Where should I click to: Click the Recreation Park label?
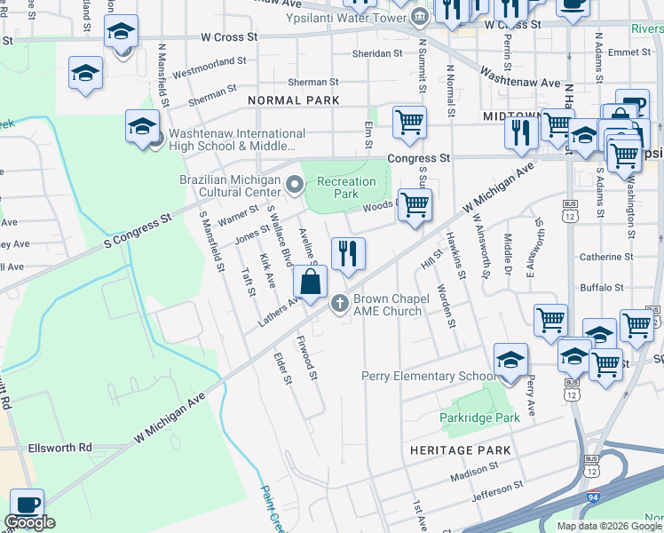coord(346,187)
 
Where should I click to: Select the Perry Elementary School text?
coord(428,376)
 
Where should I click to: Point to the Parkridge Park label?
coord(479,417)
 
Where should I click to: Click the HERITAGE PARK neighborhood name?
coord(460,450)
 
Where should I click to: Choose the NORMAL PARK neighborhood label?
coord(294,100)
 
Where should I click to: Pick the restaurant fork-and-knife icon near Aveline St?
coord(349,254)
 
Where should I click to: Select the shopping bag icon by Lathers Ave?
coord(311,283)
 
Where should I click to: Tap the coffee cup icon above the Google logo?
coord(27,503)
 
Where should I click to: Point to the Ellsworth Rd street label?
coord(59,448)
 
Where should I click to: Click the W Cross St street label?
coord(229,37)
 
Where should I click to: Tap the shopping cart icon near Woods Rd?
coord(415,205)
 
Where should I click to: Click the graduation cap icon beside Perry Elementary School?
coord(511,360)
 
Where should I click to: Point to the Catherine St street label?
coord(605,257)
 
